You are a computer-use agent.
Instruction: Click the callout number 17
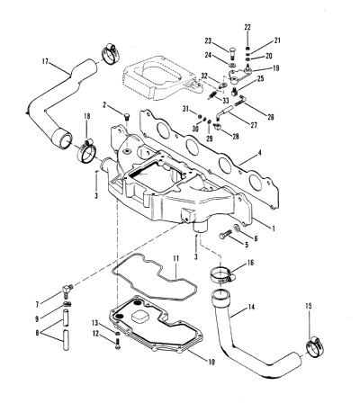45,61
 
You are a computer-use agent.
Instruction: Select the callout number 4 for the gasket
260,153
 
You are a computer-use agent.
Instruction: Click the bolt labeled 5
225,235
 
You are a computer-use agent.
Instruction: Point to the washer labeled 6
237,228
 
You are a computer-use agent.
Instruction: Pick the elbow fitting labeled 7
67,289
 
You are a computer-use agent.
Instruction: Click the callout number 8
37,333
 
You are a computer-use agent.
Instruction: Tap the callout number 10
211,362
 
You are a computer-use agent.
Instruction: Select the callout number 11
175,258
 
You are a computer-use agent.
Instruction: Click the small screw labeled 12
117,345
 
